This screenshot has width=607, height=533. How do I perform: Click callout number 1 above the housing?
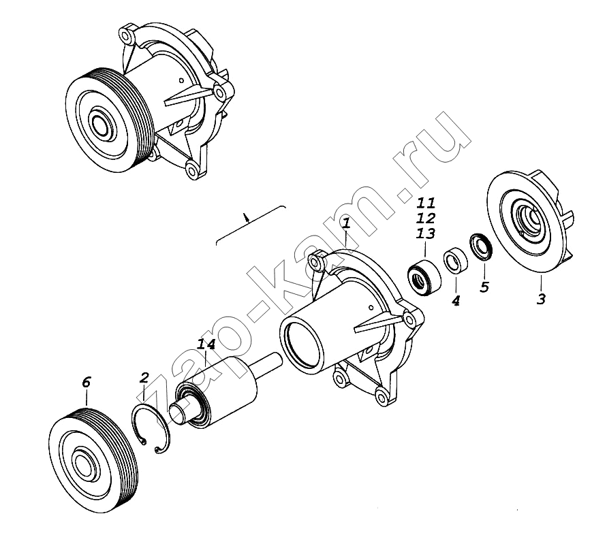click(347, 223)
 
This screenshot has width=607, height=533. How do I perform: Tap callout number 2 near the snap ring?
click(144, 378)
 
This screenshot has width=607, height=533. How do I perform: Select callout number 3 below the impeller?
click(541, 299)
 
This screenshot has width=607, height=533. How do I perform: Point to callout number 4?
click(456, 300)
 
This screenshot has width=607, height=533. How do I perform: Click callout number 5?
click(484, 287)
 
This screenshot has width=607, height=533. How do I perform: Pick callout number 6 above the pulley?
click(86, 382)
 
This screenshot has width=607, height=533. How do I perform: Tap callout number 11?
click(426, 203)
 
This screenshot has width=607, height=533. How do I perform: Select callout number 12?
click(426, 218)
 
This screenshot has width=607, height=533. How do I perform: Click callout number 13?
click(426, 233)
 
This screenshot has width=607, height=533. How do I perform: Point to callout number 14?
click(206, 344)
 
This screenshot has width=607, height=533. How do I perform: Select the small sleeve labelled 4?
click(455, 260)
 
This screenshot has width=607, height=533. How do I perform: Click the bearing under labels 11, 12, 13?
click(425, 277)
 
